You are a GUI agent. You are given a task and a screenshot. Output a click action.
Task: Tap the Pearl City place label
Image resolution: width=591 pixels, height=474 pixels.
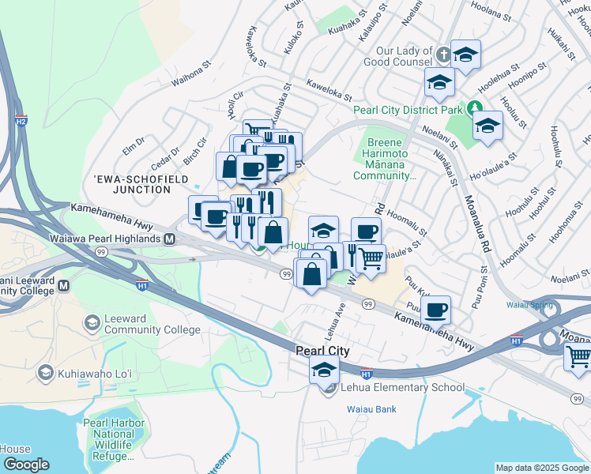coord(322,350)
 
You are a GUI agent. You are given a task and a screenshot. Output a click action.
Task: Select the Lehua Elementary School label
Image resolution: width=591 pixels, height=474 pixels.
coord(402,388)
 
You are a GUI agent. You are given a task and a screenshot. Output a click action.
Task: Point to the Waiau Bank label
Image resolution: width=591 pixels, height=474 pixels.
coord(371,409)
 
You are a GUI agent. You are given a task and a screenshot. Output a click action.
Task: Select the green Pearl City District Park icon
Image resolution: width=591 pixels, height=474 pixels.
coord(475,108)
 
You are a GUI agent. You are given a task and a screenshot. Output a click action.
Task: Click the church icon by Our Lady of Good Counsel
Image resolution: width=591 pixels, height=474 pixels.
coord(444,55)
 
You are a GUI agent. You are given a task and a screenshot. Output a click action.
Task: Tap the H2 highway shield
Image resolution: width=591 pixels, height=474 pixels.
coord(21,121)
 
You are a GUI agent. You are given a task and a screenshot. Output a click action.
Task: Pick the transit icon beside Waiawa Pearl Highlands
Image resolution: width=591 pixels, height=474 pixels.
coord(169,239)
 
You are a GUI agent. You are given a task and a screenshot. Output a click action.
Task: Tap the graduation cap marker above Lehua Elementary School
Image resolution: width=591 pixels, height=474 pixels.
coord(324,369)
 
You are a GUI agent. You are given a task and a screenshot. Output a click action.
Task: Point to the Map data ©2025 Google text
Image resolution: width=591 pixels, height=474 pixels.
coord(541,468)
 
